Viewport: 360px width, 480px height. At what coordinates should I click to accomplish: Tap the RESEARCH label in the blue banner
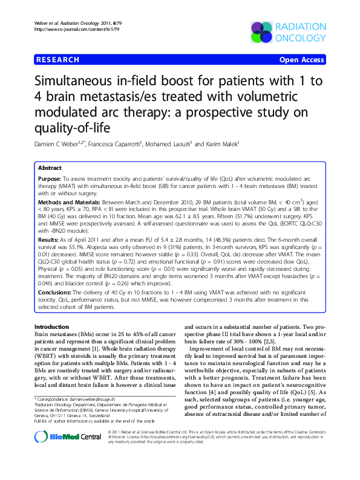[x=57, y=60]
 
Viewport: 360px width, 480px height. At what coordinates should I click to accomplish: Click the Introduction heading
[x=53, y=326]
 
